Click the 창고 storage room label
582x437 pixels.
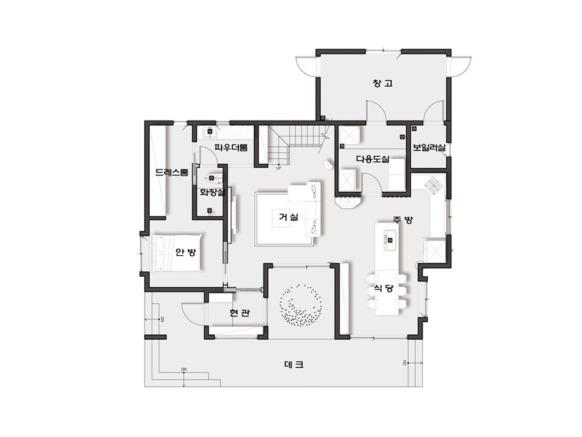[x=383, y=83]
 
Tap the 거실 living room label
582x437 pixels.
[x=289, y=217]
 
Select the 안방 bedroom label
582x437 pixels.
[x=186, y=252]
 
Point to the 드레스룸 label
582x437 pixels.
[x=172, y=172]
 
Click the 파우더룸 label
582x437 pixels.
[x=231, y=147]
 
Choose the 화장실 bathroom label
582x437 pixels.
[x=212, y=192]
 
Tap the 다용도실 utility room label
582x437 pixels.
[x=372, y=159]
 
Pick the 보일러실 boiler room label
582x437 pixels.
[x=429, y=147]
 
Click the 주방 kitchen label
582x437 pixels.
[x=403, y=220]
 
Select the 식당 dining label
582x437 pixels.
[x=384, y=288]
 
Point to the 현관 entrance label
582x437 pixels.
[x=239, y=313]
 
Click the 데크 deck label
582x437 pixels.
[x=294, y=365]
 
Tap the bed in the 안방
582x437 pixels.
[x=178, y=253]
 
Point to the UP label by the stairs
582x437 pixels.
[x=279, y=168]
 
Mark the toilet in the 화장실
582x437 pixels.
[x=212, y=178]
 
